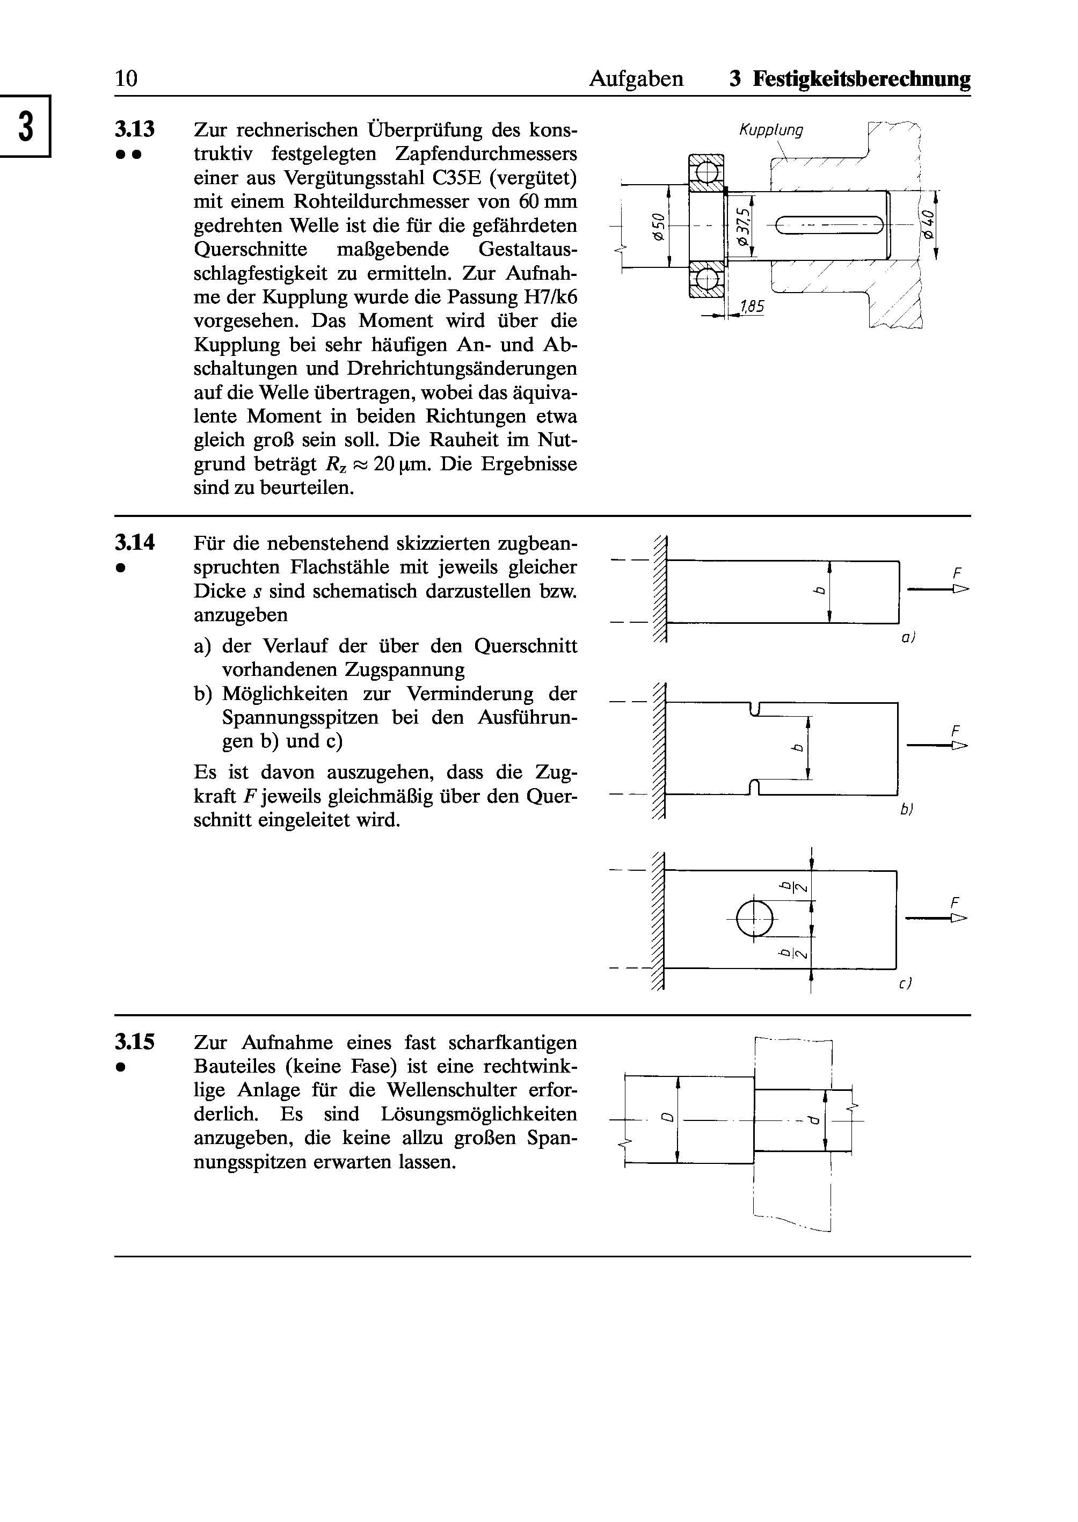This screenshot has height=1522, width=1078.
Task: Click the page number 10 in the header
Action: click(126, 79)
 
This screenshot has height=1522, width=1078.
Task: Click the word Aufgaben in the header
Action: click(636, 79)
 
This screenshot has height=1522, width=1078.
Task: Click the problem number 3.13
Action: click(135, 129)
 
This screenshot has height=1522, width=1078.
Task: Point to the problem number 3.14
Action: click(135, 543)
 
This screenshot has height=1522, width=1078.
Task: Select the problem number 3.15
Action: click(135, 1042)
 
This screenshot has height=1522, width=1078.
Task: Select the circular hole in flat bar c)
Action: click(755, 919)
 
